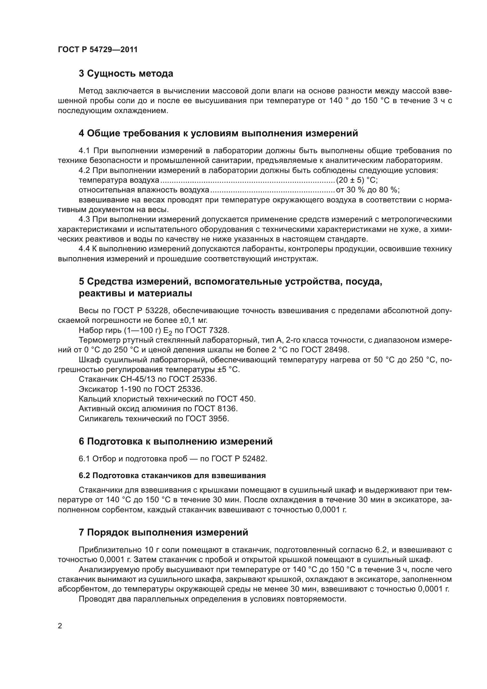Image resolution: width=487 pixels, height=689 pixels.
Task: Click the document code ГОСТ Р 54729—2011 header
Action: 98,49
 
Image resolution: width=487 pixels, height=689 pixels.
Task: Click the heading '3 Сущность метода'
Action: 126,74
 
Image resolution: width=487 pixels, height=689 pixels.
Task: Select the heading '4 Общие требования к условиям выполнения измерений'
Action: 218,133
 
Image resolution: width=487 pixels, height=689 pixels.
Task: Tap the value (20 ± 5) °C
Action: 357,180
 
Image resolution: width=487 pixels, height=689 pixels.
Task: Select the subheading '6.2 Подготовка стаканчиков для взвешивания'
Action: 172,476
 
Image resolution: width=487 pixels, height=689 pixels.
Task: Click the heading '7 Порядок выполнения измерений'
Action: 163,532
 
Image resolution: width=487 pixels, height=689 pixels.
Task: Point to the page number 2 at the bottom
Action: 60,626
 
